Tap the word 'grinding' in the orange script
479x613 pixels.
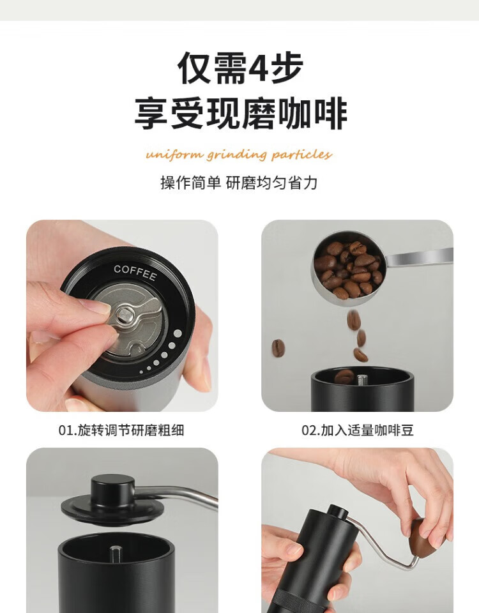point(236,155)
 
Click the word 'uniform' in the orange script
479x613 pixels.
point(174,155)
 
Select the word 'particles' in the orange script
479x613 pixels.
point(301,155)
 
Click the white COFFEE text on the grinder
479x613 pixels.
point(135,273)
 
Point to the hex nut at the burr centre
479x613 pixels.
point(125,314)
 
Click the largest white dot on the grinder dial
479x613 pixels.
point(178,333)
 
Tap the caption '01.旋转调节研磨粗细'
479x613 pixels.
point(121,430)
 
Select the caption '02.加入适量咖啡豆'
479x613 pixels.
point(358,430)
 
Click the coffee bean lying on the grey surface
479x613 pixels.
point(278,348)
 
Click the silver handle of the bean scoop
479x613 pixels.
point(420,257)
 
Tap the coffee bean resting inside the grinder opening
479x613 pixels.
point(344,377)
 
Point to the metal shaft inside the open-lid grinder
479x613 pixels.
point(116,554)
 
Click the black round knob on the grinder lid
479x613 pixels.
point(112,490)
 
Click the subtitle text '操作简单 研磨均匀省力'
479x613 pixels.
point(239,183)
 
